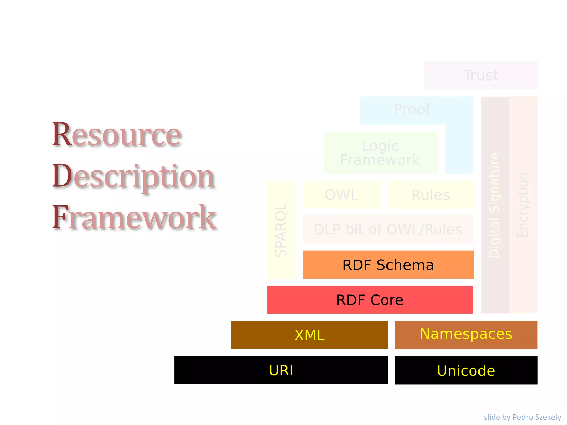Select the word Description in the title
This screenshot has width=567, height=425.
[133, 176]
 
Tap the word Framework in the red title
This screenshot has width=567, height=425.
[134, 217]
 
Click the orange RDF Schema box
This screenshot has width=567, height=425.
[388, 265]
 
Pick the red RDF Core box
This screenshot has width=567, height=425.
[370, 300]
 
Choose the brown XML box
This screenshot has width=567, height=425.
[310, 335]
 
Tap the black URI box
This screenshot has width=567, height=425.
[281, 370]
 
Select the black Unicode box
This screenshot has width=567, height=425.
[466, 370]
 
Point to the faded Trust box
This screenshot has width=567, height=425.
[481, 75]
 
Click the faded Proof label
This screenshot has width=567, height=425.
[412, 109]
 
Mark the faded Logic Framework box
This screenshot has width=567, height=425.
[380, 153]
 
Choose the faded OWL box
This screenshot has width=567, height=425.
[342, 195]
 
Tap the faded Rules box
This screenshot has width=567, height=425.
[431, 195]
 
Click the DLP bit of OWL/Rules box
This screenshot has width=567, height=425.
[388, 229]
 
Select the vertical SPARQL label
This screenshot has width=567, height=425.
[281, 230]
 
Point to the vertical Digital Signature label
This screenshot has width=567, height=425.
[494, 205]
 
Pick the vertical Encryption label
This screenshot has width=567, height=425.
[523, 205]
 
